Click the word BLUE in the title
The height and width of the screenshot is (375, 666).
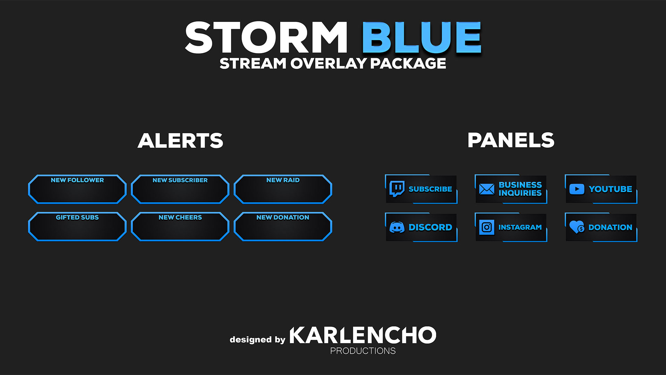point(422,37)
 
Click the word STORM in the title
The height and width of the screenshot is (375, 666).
point(266,37)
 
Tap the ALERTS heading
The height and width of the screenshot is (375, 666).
point(180,141)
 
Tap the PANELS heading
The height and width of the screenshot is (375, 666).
point(511,140)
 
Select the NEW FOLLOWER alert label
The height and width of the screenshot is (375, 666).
point(77,180)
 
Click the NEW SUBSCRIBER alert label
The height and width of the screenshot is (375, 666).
point(180,180)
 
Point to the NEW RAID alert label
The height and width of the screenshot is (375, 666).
point(283,180)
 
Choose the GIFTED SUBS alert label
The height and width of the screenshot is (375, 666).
point(77,217)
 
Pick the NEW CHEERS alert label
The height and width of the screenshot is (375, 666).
point(180,217)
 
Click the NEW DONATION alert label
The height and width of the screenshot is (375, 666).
point(283,217)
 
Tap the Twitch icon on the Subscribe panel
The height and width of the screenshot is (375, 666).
point(397,189)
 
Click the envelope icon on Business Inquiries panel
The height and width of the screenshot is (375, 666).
point(487,189)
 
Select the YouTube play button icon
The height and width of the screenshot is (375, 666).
point(577,189)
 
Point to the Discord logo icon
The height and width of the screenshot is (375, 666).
point(397,227)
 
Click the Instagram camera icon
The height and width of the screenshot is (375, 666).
point(487,227)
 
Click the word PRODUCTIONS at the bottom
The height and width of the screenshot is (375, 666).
point(363,351)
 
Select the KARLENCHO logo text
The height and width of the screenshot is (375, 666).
point(363,335)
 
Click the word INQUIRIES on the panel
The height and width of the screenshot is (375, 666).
point(520,193)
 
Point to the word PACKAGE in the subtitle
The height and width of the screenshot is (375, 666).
point(408,64)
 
